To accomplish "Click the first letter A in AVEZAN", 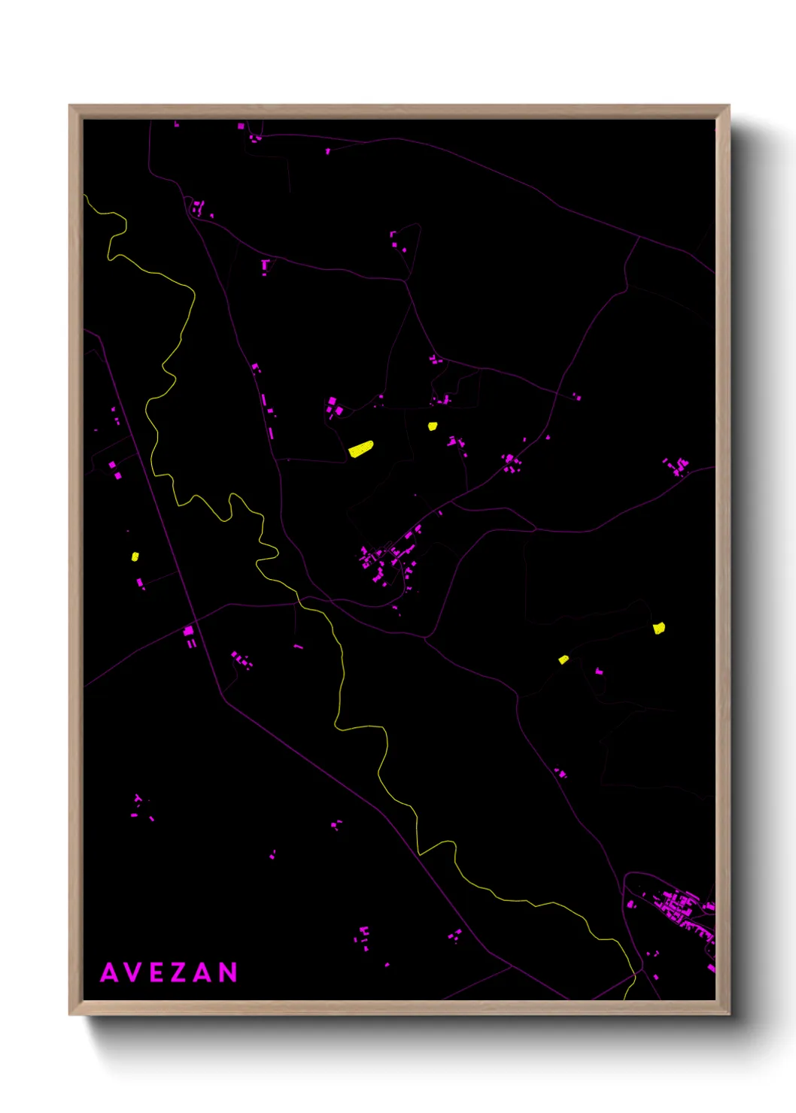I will pos(109,973).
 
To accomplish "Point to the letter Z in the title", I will pos(180,973).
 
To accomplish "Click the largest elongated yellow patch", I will pos(361,449).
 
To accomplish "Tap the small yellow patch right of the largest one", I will pos(433,426).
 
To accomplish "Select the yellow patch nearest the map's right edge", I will pos(659,628).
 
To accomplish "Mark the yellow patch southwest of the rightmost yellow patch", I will pos(564,660).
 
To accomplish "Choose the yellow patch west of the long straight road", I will pos(135,556).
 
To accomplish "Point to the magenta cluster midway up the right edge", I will pos(677,466).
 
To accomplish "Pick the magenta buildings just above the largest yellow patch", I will pos(334,408).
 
